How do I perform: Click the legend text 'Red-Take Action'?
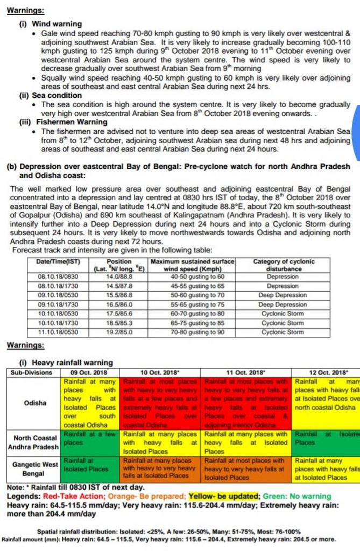click(x=73, y=496)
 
